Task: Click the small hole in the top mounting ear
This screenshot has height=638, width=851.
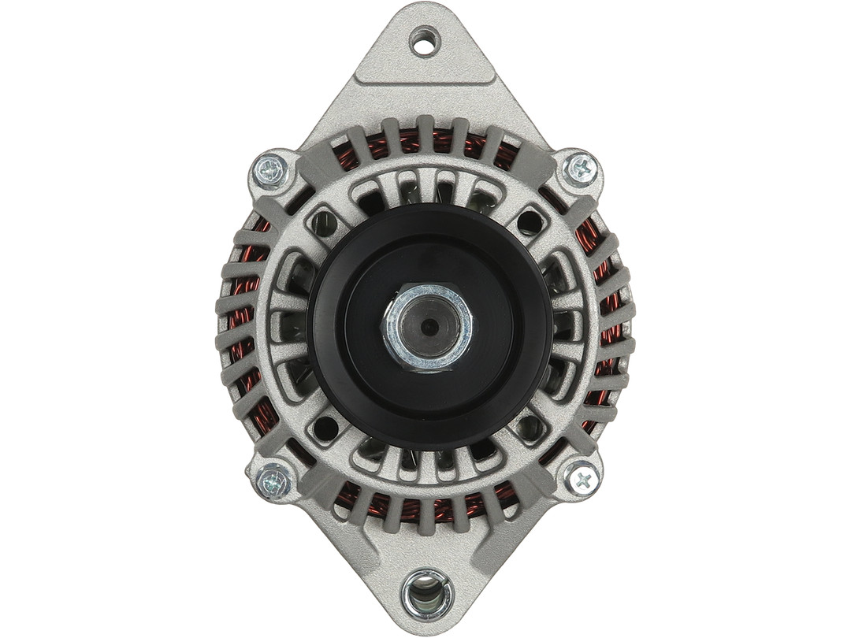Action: (x=425, y=41)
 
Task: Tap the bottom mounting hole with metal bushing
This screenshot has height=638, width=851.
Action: (x=426, y=594)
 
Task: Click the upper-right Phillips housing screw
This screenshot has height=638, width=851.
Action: (x=582, y=168)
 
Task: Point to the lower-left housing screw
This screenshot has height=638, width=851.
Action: (x=273, y=479)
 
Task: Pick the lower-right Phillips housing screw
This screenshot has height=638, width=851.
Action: (x=582, y=478)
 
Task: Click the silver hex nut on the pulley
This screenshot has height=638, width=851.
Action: (x=427, y=326)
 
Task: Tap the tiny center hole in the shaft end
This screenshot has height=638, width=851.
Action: (x=427, y=326)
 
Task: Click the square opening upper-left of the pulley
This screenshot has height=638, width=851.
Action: (x=324, y=223)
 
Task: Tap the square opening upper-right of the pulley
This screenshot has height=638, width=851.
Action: (x=530, y=223)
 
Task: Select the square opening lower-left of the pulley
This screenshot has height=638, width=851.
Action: (x=325, y=428)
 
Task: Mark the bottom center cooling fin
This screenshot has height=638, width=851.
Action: (x=426, y=517)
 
